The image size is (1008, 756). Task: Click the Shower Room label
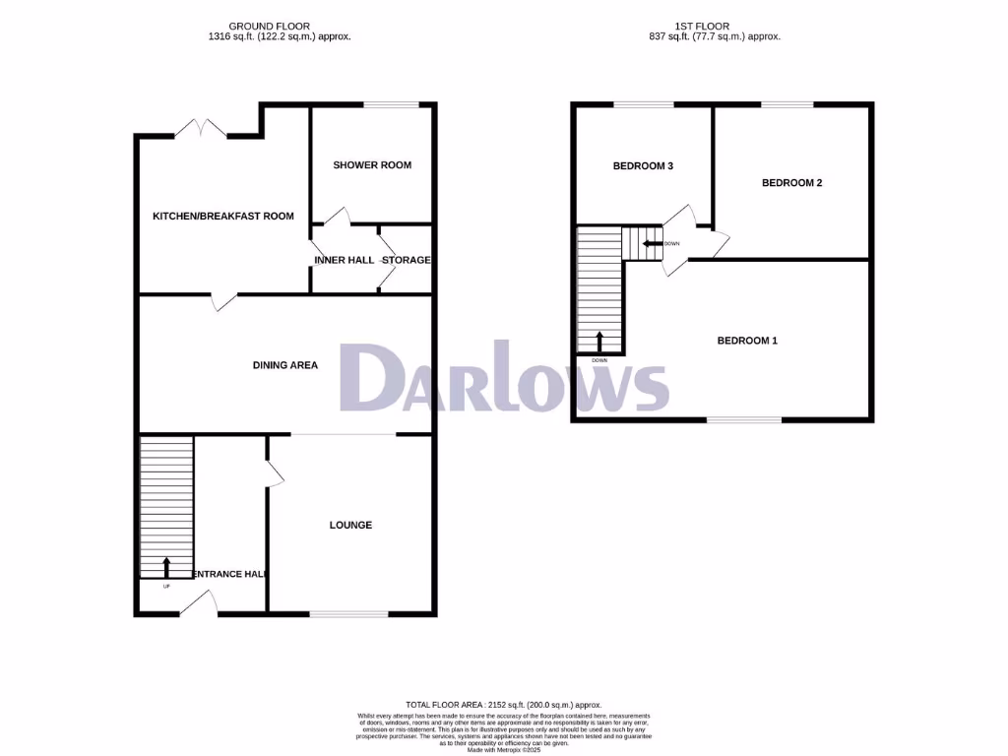point(372,165)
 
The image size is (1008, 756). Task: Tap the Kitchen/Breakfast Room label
point(222,216)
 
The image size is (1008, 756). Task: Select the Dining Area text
point(285,365)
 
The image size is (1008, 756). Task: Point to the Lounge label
point(350,526)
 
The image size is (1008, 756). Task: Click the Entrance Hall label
point(230,574)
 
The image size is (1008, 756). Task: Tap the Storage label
point(407,260)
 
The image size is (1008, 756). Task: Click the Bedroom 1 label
point(747,341)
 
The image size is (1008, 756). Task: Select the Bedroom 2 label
point(791,183)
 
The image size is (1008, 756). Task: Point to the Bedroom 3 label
point(643,166)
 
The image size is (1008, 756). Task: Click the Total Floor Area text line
point(503,705)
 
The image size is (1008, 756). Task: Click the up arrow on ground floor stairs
point(164,567)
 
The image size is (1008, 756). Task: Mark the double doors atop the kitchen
point(201,129)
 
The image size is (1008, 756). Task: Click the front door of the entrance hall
point(201,603)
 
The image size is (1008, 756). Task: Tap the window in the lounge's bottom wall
point(348,614)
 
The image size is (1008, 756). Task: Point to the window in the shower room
point(391,105)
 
